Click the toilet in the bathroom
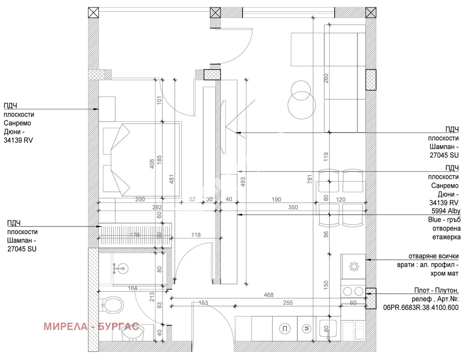(112, 305)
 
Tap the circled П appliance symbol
(285, 329)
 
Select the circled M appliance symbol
(307, 328)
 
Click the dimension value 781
(310, 179)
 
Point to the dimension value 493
(243, 182)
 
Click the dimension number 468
(269, 295)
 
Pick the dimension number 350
(293, 207)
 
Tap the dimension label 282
(157, 207)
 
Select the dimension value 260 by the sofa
(326, 78)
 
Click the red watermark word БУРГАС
(118, 327)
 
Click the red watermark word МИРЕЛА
(66, 327)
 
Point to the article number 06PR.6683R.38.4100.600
(421, 307)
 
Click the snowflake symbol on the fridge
(354, 267)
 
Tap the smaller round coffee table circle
(301, 90)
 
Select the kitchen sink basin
(328, 328)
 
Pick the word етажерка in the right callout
(446, 237)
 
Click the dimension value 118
(196, 235)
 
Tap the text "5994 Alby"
(446, 211)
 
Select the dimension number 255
(288, 303)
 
